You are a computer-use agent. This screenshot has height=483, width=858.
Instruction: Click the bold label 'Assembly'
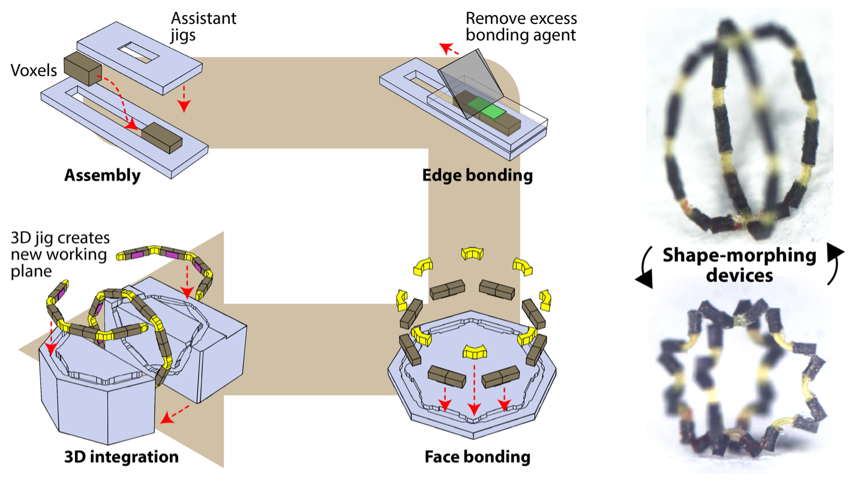(x=102, y=176)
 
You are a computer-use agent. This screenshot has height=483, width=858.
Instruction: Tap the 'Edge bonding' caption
(x=477, y=176)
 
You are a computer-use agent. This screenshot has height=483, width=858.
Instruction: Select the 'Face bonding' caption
(x=477, y=457)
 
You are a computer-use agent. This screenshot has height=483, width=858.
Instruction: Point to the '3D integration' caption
(x=121, y=457)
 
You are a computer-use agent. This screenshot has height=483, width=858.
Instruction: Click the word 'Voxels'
(x=34, y=71)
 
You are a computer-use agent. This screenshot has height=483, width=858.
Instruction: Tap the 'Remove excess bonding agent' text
(x=521, y=26)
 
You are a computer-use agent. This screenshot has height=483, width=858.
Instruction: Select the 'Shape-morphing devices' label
(x=739, y=265)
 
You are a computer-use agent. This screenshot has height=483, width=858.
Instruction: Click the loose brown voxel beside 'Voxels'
(x=83, y=68)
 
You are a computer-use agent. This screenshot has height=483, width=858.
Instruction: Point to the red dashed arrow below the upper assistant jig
(x=184, y=97)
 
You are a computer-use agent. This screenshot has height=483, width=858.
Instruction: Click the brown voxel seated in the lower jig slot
(x=161, y=137)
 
